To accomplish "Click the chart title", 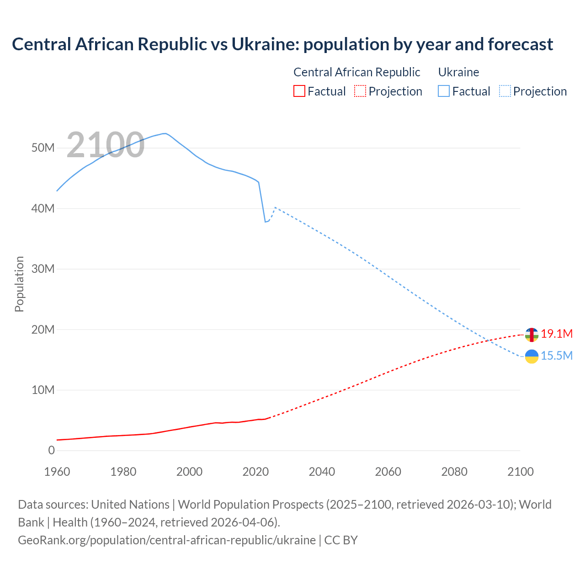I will tap(282, 44).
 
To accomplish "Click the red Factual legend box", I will tap(299, 91).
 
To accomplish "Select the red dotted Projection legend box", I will tap(360, 91).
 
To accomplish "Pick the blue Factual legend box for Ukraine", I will tap(444, 91).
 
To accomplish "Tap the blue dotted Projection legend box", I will tap(505, 91).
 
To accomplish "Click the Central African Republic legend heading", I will tap(356, 72).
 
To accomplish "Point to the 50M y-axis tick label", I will tap(43, 148).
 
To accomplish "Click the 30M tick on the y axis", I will tap(43, 269).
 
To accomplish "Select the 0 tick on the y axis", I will tap(51, 450).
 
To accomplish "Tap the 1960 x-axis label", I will tap(57, 472).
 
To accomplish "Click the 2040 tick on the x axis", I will tap(322, 472).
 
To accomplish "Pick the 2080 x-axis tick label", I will tap(454, 472).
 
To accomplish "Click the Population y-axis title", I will tap(19, 284).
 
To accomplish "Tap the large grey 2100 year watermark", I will tap(106, 145).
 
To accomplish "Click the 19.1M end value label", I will tap(557, 334).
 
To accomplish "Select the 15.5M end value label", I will tap(557, 356).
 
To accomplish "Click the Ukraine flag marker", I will tap(532, 356).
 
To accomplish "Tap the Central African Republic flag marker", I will tap(532, 335).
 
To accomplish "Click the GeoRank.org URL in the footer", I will tap(167, 540).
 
